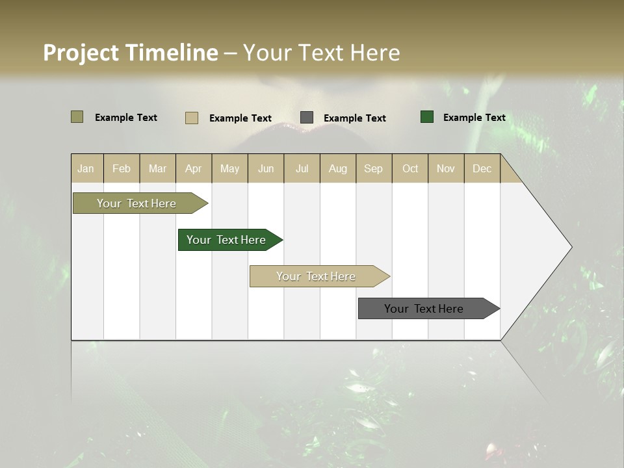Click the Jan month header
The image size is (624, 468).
tap(86, 168)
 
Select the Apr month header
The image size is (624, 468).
tap(194, 168)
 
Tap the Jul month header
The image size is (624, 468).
tap(302, 168)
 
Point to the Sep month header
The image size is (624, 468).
tap(373, 168)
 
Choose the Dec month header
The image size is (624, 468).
tap(482, 168)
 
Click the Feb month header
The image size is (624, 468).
tap(122, 168)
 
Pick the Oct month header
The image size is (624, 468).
tap(410, 168)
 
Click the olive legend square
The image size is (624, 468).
tap(77, 117)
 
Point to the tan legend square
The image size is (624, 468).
tap(192, 118)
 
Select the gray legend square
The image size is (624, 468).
tap(307, 118)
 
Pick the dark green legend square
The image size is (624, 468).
tap(427, 117)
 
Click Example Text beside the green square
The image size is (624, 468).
tap(474, 118)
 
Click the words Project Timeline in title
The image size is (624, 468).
tap(130, 53)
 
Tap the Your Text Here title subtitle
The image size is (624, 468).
tap(321, 53)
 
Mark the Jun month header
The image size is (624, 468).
tap(266, 168)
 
